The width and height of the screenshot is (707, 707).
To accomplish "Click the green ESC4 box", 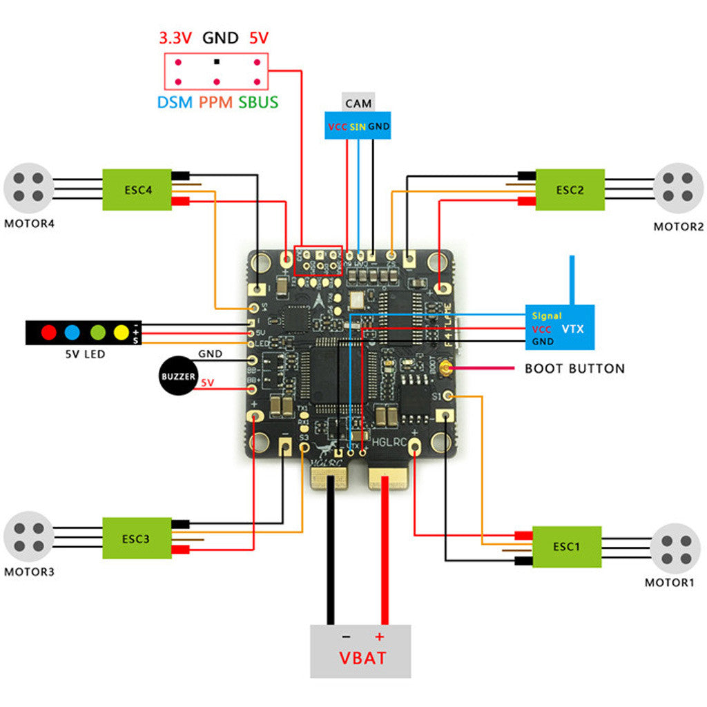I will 138,189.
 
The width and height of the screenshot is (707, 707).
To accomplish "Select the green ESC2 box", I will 570,189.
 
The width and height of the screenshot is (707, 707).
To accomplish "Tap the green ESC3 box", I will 137,538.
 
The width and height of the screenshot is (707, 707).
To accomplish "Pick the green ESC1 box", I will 566,546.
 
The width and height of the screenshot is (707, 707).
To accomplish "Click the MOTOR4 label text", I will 29,224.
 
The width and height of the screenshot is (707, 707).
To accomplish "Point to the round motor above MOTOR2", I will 678,188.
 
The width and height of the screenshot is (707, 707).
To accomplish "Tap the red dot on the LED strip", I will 48,332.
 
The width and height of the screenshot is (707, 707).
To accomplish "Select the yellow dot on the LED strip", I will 122,332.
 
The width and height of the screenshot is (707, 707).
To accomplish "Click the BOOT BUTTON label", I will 574,369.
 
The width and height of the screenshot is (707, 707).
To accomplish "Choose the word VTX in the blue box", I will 573,329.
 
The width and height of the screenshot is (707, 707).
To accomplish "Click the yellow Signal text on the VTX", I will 547,316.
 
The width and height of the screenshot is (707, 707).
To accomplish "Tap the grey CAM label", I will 358,104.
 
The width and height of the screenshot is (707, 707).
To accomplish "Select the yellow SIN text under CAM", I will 358,127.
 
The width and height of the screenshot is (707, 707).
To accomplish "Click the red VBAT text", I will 362,657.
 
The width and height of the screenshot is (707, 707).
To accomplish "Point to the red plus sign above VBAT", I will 378,636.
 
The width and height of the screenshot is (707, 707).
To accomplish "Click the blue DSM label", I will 175,103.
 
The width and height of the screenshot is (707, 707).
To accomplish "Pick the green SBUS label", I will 258,103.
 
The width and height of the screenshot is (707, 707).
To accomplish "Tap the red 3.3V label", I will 175,38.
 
